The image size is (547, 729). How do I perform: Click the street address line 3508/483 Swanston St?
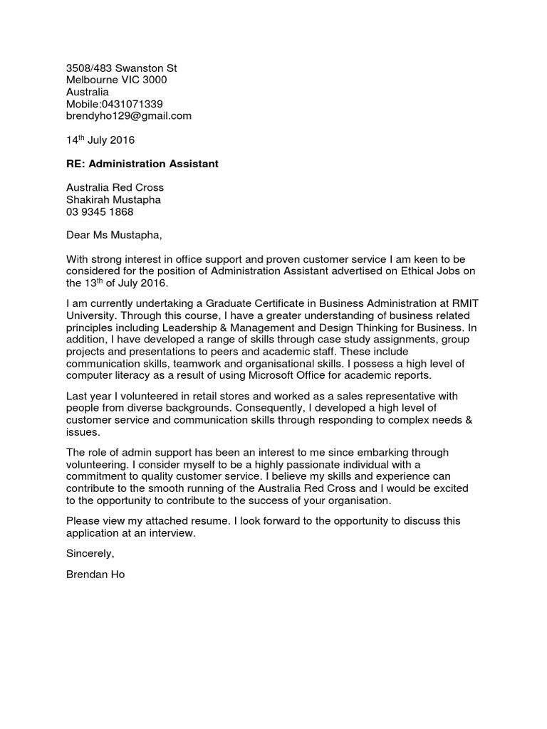pyautogui.click(x=122, y=68)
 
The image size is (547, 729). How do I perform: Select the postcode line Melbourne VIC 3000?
pyautogui.click(x=117, y=80)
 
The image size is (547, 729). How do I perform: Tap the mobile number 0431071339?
pyautogui.click(x=132, y=104)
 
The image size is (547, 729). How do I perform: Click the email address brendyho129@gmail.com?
pyautogui.click(x=129, y=116)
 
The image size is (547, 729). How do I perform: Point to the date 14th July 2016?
pyautogui.click(x=100, y=140)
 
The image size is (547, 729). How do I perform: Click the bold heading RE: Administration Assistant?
pyautogui.click(x=142, y=164)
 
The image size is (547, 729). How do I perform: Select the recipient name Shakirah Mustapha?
pyautogui.click(x=113, y=200)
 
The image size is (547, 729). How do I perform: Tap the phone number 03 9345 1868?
pyautogui.click(x=100, y=212)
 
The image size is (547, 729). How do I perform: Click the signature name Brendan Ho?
pyautogui.click(x=95, y=574)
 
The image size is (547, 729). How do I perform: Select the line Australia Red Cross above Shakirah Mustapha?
pyautogui.click(x=115, y=188)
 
